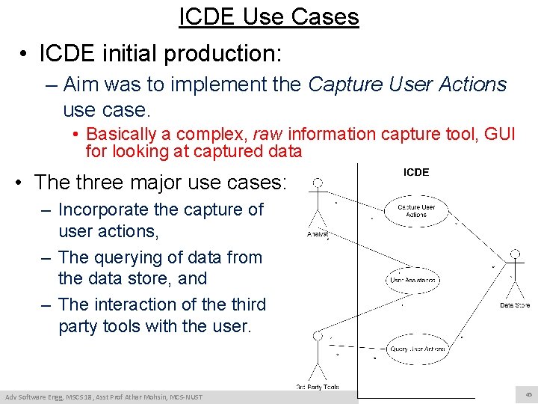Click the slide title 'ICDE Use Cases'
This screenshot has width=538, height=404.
269,16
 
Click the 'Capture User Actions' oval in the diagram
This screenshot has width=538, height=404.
416,210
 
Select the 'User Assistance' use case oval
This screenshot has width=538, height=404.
412,280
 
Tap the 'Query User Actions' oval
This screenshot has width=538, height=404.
417,349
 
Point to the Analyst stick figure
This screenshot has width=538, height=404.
318,203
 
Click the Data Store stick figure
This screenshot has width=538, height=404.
514,273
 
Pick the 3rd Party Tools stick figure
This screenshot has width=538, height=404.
318,355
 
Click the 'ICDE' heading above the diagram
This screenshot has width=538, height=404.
416,172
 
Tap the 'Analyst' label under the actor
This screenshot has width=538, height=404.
318,234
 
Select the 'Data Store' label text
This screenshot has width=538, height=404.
515,304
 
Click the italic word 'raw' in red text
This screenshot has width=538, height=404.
268,135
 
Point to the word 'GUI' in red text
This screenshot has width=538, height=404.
495,135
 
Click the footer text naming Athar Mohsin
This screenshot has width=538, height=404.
102,396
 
